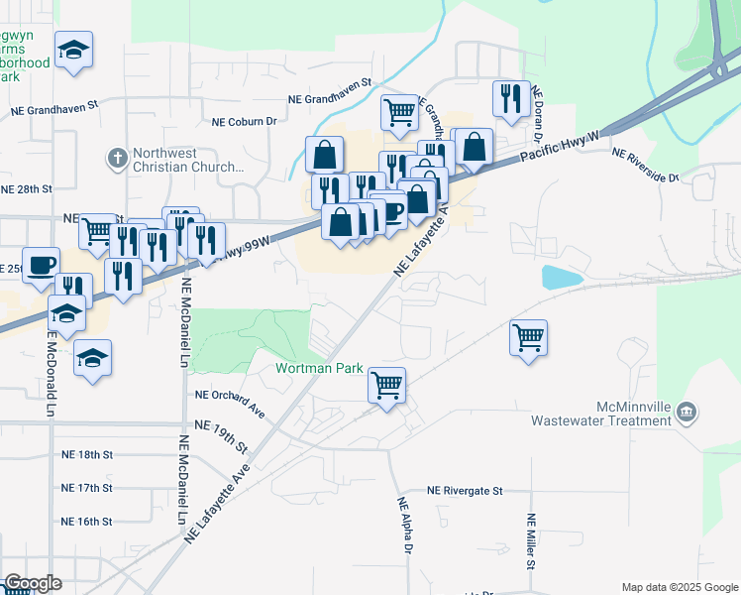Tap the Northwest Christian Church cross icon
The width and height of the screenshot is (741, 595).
118,157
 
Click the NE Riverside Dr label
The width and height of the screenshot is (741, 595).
646,166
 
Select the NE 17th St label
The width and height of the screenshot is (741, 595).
87,488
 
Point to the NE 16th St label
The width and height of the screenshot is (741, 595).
87,521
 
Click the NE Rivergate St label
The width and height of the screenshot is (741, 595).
466,491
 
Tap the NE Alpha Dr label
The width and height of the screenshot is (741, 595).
405,526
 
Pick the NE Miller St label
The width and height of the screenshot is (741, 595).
532,542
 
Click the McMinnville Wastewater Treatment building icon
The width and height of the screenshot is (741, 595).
690,412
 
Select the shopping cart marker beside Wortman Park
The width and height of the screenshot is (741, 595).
386,384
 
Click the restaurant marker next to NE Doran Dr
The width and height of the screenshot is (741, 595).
510,98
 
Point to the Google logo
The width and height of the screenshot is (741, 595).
33,583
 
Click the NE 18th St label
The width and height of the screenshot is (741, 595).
87,454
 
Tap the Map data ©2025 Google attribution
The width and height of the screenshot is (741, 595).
679,587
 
